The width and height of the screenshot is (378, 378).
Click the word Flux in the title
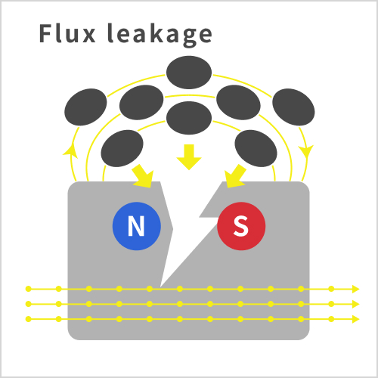tap(67, 33)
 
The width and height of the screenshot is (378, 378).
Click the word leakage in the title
tap(160, 35)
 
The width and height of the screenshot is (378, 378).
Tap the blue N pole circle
tap(136, 226)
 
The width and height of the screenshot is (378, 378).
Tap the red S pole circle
tap(241, 226)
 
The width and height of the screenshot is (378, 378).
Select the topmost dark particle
tap(189, 73)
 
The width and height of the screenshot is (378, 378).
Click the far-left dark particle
tap(85, 107)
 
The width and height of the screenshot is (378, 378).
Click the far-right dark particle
tap(293, 107)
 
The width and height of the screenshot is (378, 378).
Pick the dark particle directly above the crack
tap(189, 118)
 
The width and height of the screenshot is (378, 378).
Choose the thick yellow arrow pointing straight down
tap(189, 157)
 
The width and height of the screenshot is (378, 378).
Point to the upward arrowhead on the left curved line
tap(70, 150)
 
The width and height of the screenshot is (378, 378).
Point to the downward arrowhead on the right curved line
tap(307, 152)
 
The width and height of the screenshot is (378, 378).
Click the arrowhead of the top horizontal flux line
tap(355, 289)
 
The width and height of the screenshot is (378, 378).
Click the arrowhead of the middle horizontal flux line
tap(355, 304)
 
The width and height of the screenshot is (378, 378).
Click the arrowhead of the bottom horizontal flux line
tap(355, 319)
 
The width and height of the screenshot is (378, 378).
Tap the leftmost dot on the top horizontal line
tap(29, 289)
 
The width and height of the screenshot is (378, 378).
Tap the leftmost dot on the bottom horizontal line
tap(29, 319)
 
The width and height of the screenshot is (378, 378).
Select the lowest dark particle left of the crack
tap(122, 148)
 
